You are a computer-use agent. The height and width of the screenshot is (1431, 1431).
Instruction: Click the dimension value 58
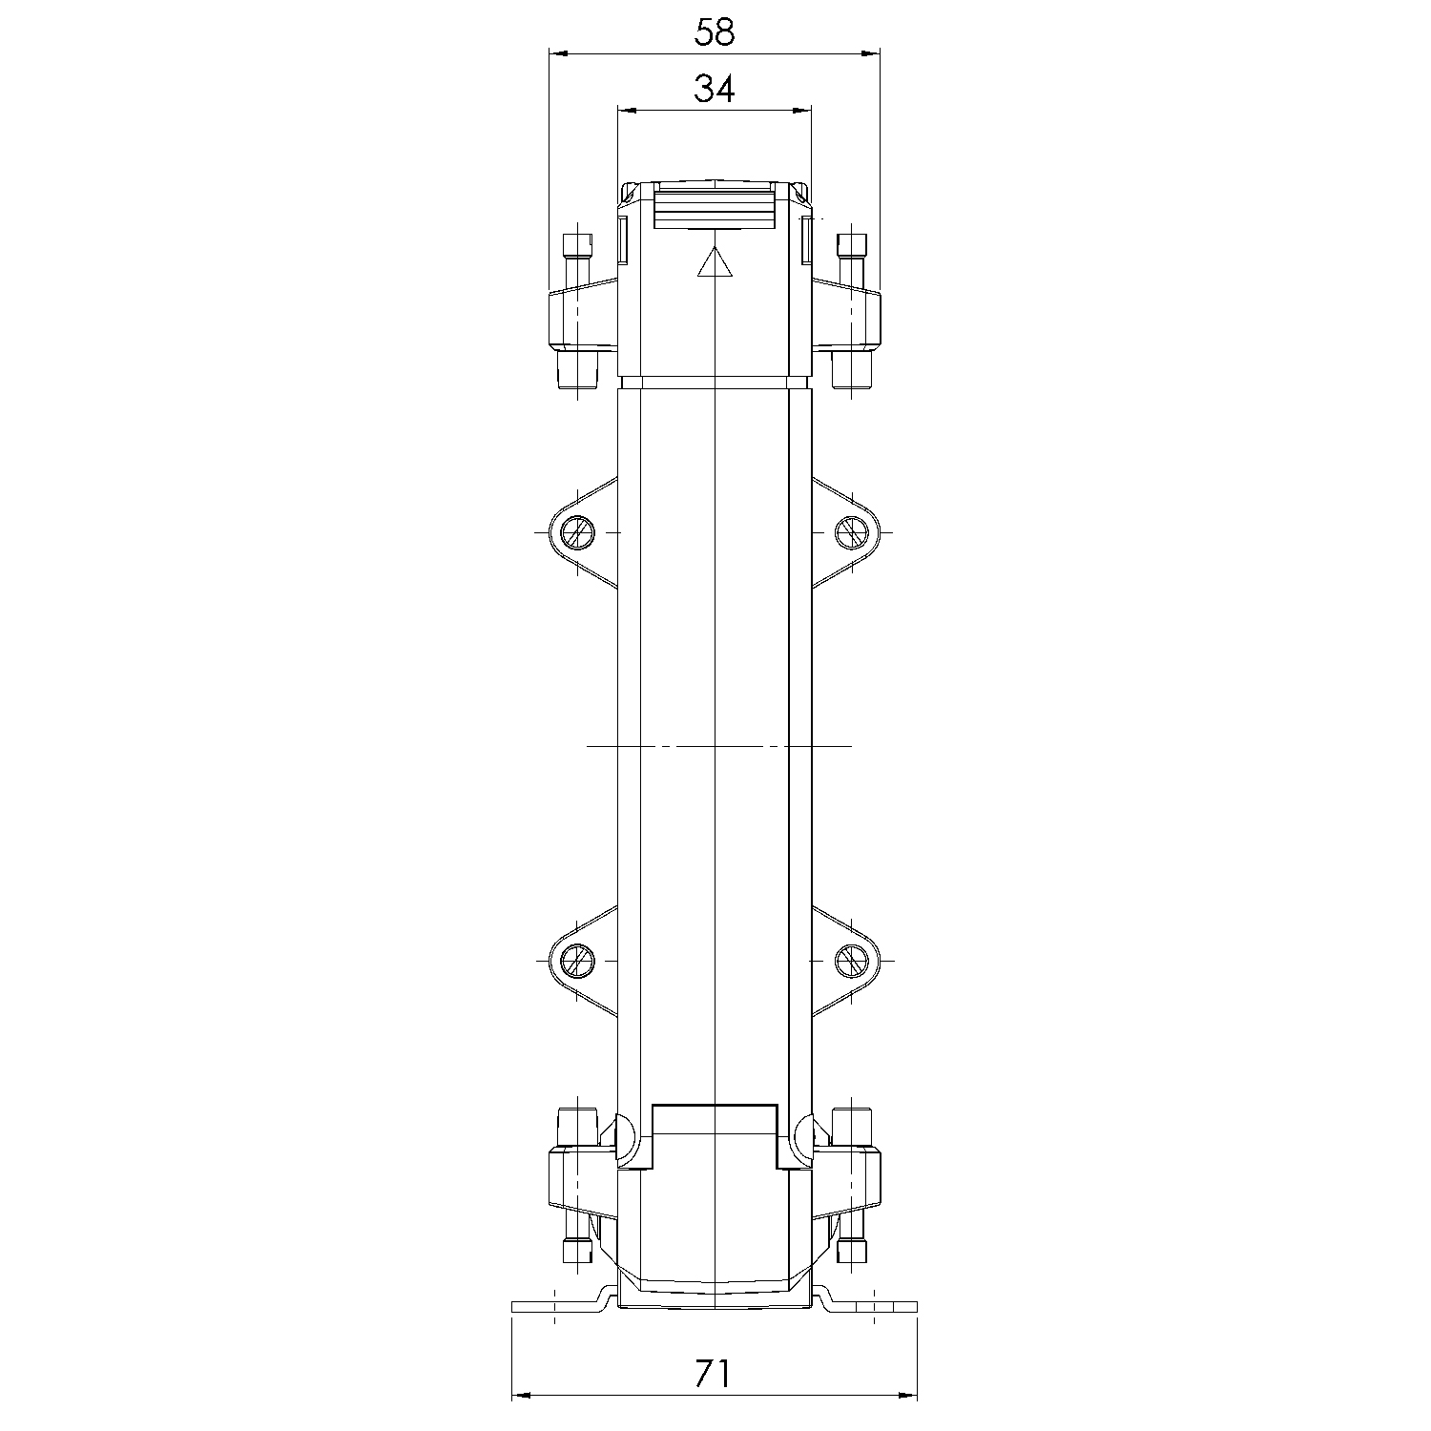[x=715, y=32]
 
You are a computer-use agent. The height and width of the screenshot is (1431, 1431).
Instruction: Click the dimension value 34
[x=715, y=90]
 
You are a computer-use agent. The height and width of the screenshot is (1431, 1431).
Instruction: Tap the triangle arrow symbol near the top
[x=715, y=262]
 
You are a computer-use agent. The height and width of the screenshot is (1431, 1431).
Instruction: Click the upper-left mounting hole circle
[x=576, y=531]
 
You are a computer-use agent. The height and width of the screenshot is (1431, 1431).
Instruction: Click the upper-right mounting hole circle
[x=852, y=531]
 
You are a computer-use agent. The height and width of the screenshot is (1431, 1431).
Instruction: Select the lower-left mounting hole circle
[x=576, y=961]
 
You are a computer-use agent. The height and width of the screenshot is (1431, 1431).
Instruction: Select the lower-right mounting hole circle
[x=852, y=961]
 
